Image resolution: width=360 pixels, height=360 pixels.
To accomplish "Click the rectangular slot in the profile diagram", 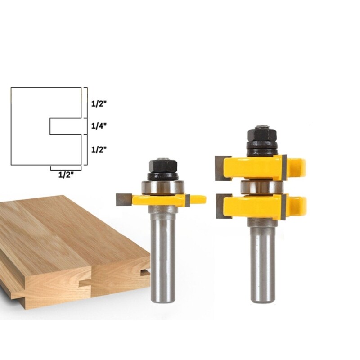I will tap(65, 126).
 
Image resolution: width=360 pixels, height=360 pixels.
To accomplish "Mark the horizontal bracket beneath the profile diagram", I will tap(66, 168).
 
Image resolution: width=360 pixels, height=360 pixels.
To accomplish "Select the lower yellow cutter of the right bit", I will tap(256, 205).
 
